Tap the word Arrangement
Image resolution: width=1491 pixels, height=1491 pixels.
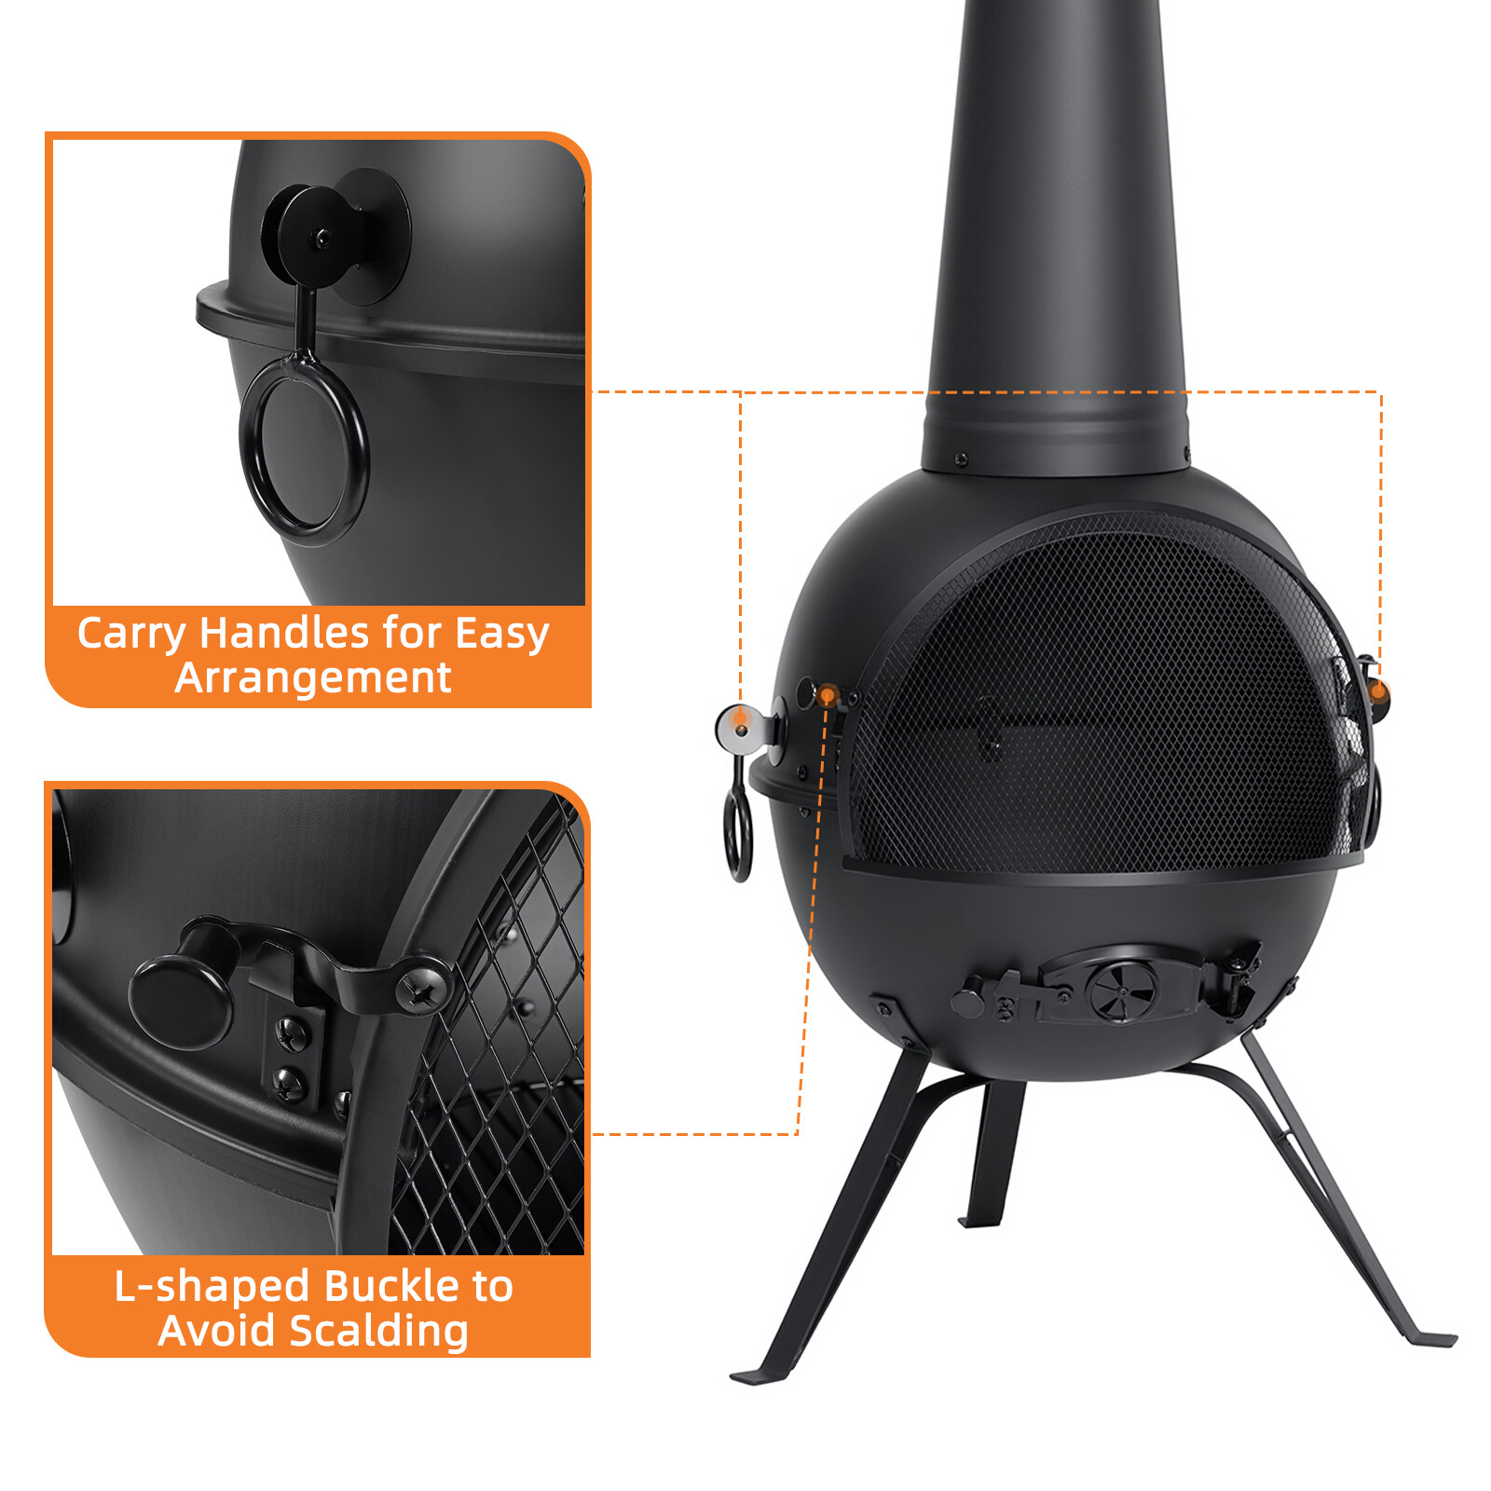[x=313, y=677]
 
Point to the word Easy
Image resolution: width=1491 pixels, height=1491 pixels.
[x=502, y=634]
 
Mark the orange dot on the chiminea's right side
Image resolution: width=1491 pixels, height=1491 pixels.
[x=1378, y=691]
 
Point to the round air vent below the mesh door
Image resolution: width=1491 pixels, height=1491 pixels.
[x=1122, y=990]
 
